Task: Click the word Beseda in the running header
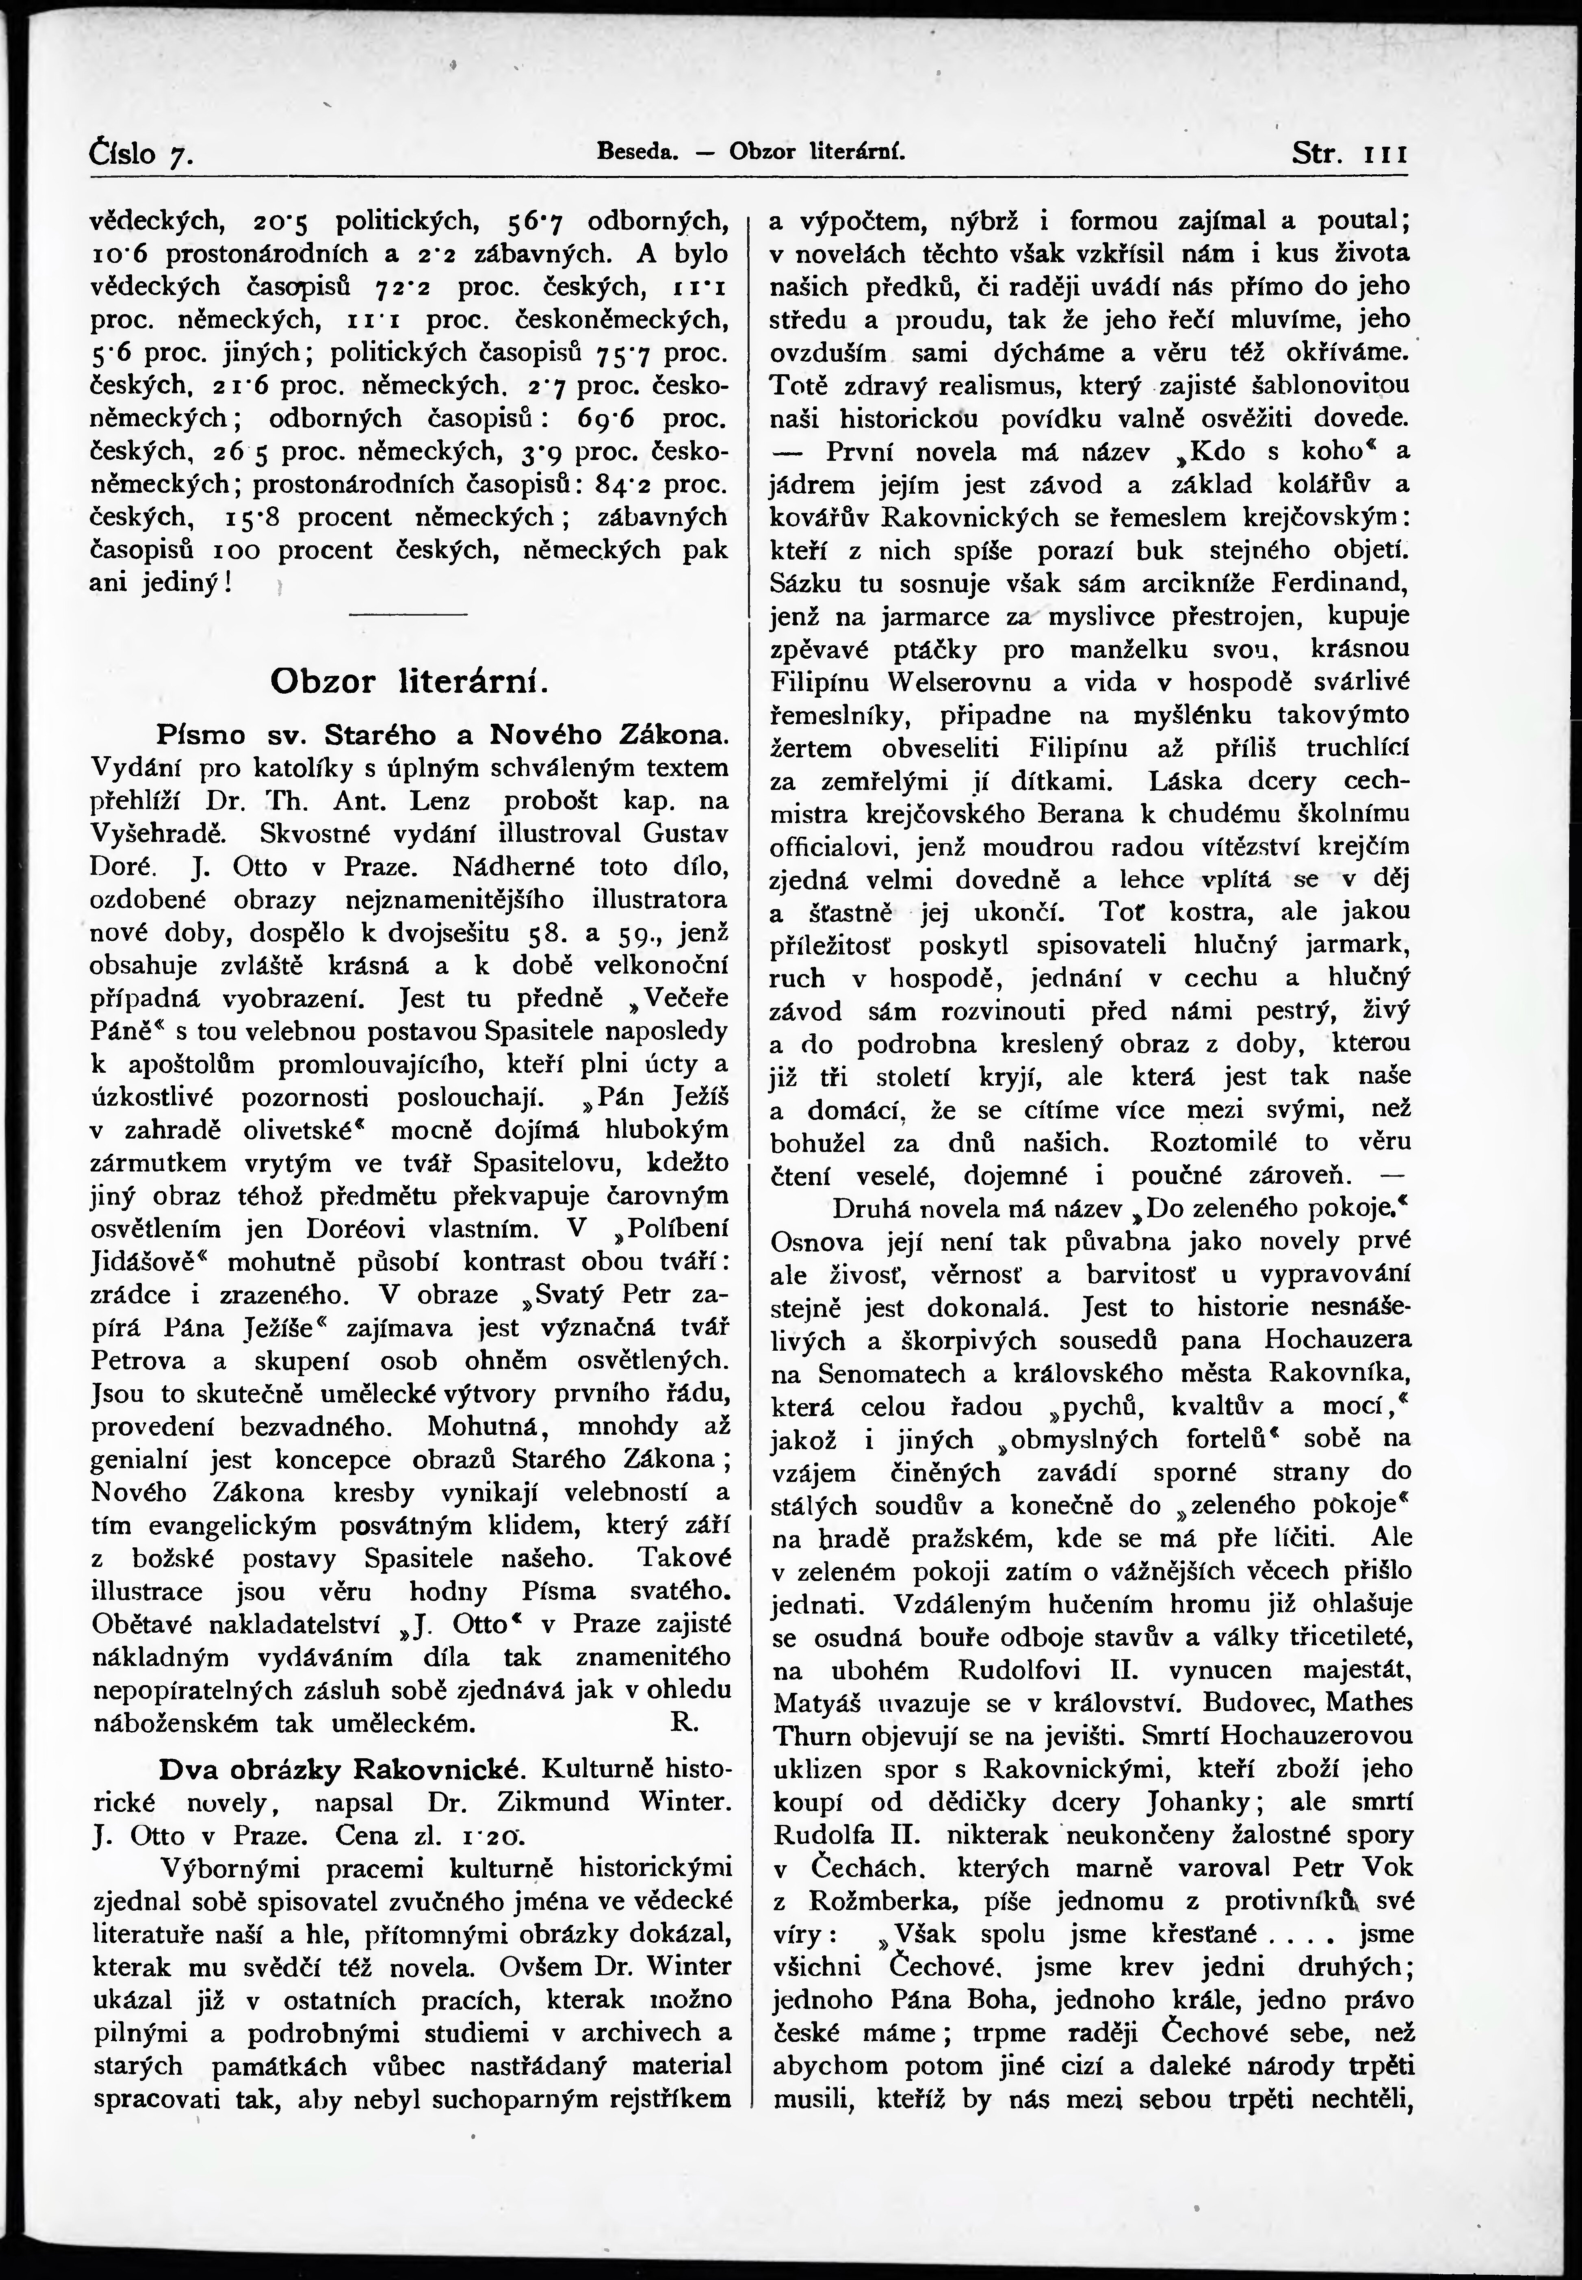click(636, 153)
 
